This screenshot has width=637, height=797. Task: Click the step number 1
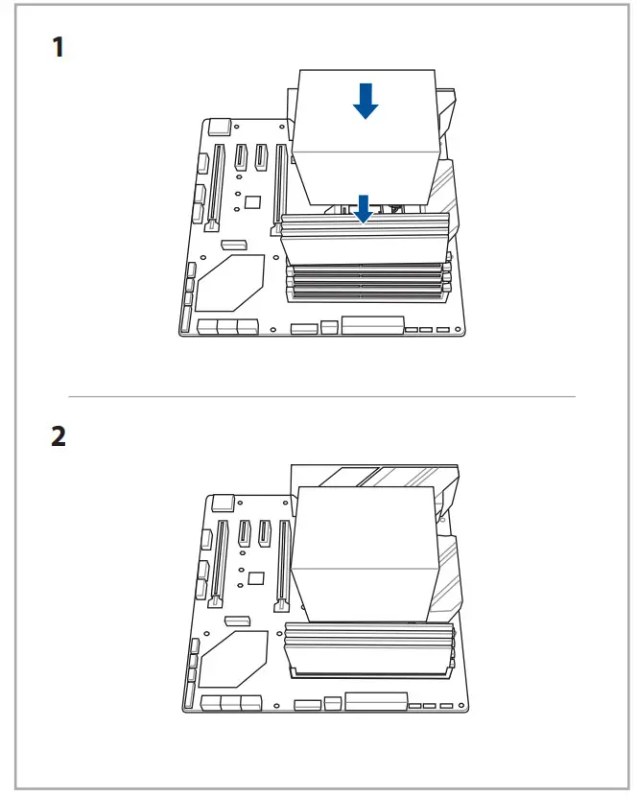59,47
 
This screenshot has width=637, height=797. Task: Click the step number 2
59,436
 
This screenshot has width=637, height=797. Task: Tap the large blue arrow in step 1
365,100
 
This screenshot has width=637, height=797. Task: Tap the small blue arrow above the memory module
363,208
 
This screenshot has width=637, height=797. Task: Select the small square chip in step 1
253,201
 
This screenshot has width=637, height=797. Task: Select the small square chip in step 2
255,578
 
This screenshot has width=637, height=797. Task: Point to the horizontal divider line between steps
321,396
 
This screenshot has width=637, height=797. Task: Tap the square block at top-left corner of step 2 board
224,501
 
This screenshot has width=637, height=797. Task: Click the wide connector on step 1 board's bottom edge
372,326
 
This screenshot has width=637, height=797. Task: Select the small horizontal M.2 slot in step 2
237,621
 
